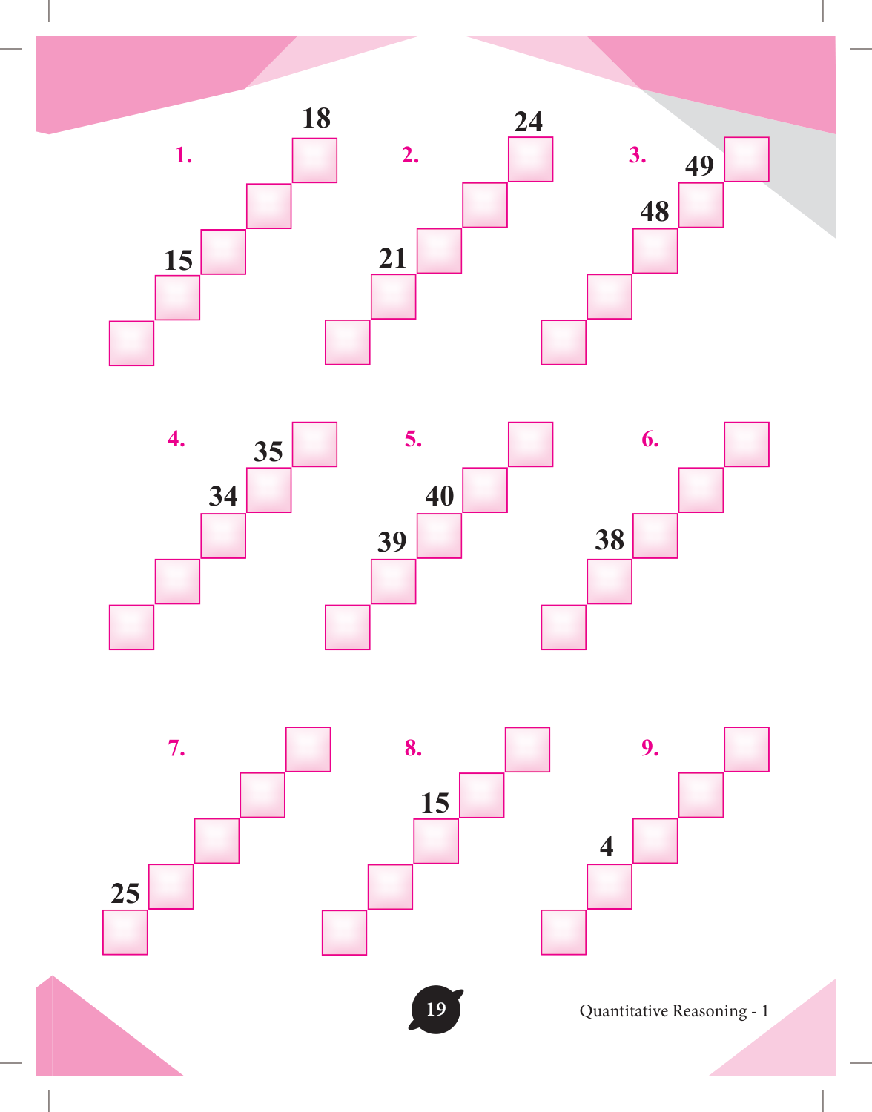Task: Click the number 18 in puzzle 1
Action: pyautogui.click(x=317, y=118)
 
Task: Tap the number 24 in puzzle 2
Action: pyautogui.click(x=528, y=122)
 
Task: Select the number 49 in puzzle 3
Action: pyautogui.click(x=699, y=166)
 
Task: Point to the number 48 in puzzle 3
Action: pyautogui.click(x=655, y=211)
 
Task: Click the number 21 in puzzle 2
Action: pyautogui.click(x=392, y=258)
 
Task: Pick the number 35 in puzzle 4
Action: pyautogui.click(x=268, y=451)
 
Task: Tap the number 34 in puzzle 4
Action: pyautogui.click(x=223, y=496)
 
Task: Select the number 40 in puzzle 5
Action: pyautogui.click(x=440, y=496)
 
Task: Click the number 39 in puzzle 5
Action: pyautogui.click(x=392, y=541)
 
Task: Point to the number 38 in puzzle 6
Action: pyautogui.click(x=610, y=540)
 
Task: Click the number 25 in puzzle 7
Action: pyautogui.click(x=125, y=893)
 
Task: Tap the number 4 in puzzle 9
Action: pyautogui.click(x=607, y=847)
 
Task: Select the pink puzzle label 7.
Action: pyautogui.click(x=176, y=748)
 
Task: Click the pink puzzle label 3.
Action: pyautogui.click(x=637, y=154)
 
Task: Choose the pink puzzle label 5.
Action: pyautogui.click(x=413, y=439)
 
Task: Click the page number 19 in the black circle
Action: pyautogui.click(x=436, y=1009)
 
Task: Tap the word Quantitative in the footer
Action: pyautogui.click(x=624, y=1011)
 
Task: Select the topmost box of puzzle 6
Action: pyautogui.click(x=747, y=444)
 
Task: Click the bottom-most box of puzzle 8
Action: pyautogui.click(x=344, y=933)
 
